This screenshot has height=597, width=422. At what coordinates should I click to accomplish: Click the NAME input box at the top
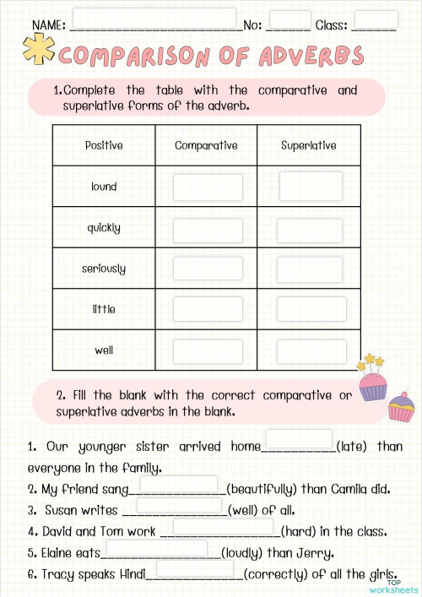(x=154, y=19)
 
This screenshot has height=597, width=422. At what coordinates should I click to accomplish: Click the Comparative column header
(x=206, y=145)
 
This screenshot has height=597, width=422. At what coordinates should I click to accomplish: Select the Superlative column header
(x=309, y=145)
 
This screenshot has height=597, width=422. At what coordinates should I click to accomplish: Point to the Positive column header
(x=104, y=145)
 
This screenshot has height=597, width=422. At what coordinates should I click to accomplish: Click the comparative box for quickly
(x=208, y=228)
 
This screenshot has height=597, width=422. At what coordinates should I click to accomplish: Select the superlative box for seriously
(x=311, y=269)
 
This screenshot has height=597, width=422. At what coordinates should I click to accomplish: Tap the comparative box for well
(x=208, y=350)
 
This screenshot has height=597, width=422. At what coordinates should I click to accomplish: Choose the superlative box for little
(x=311, y=309)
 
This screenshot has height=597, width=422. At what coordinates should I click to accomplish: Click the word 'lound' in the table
(x=104, y=187)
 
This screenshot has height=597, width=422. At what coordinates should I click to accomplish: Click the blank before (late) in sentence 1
(x=299, y=439)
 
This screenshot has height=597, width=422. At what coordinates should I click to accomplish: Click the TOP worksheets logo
(x=399, y=585)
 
